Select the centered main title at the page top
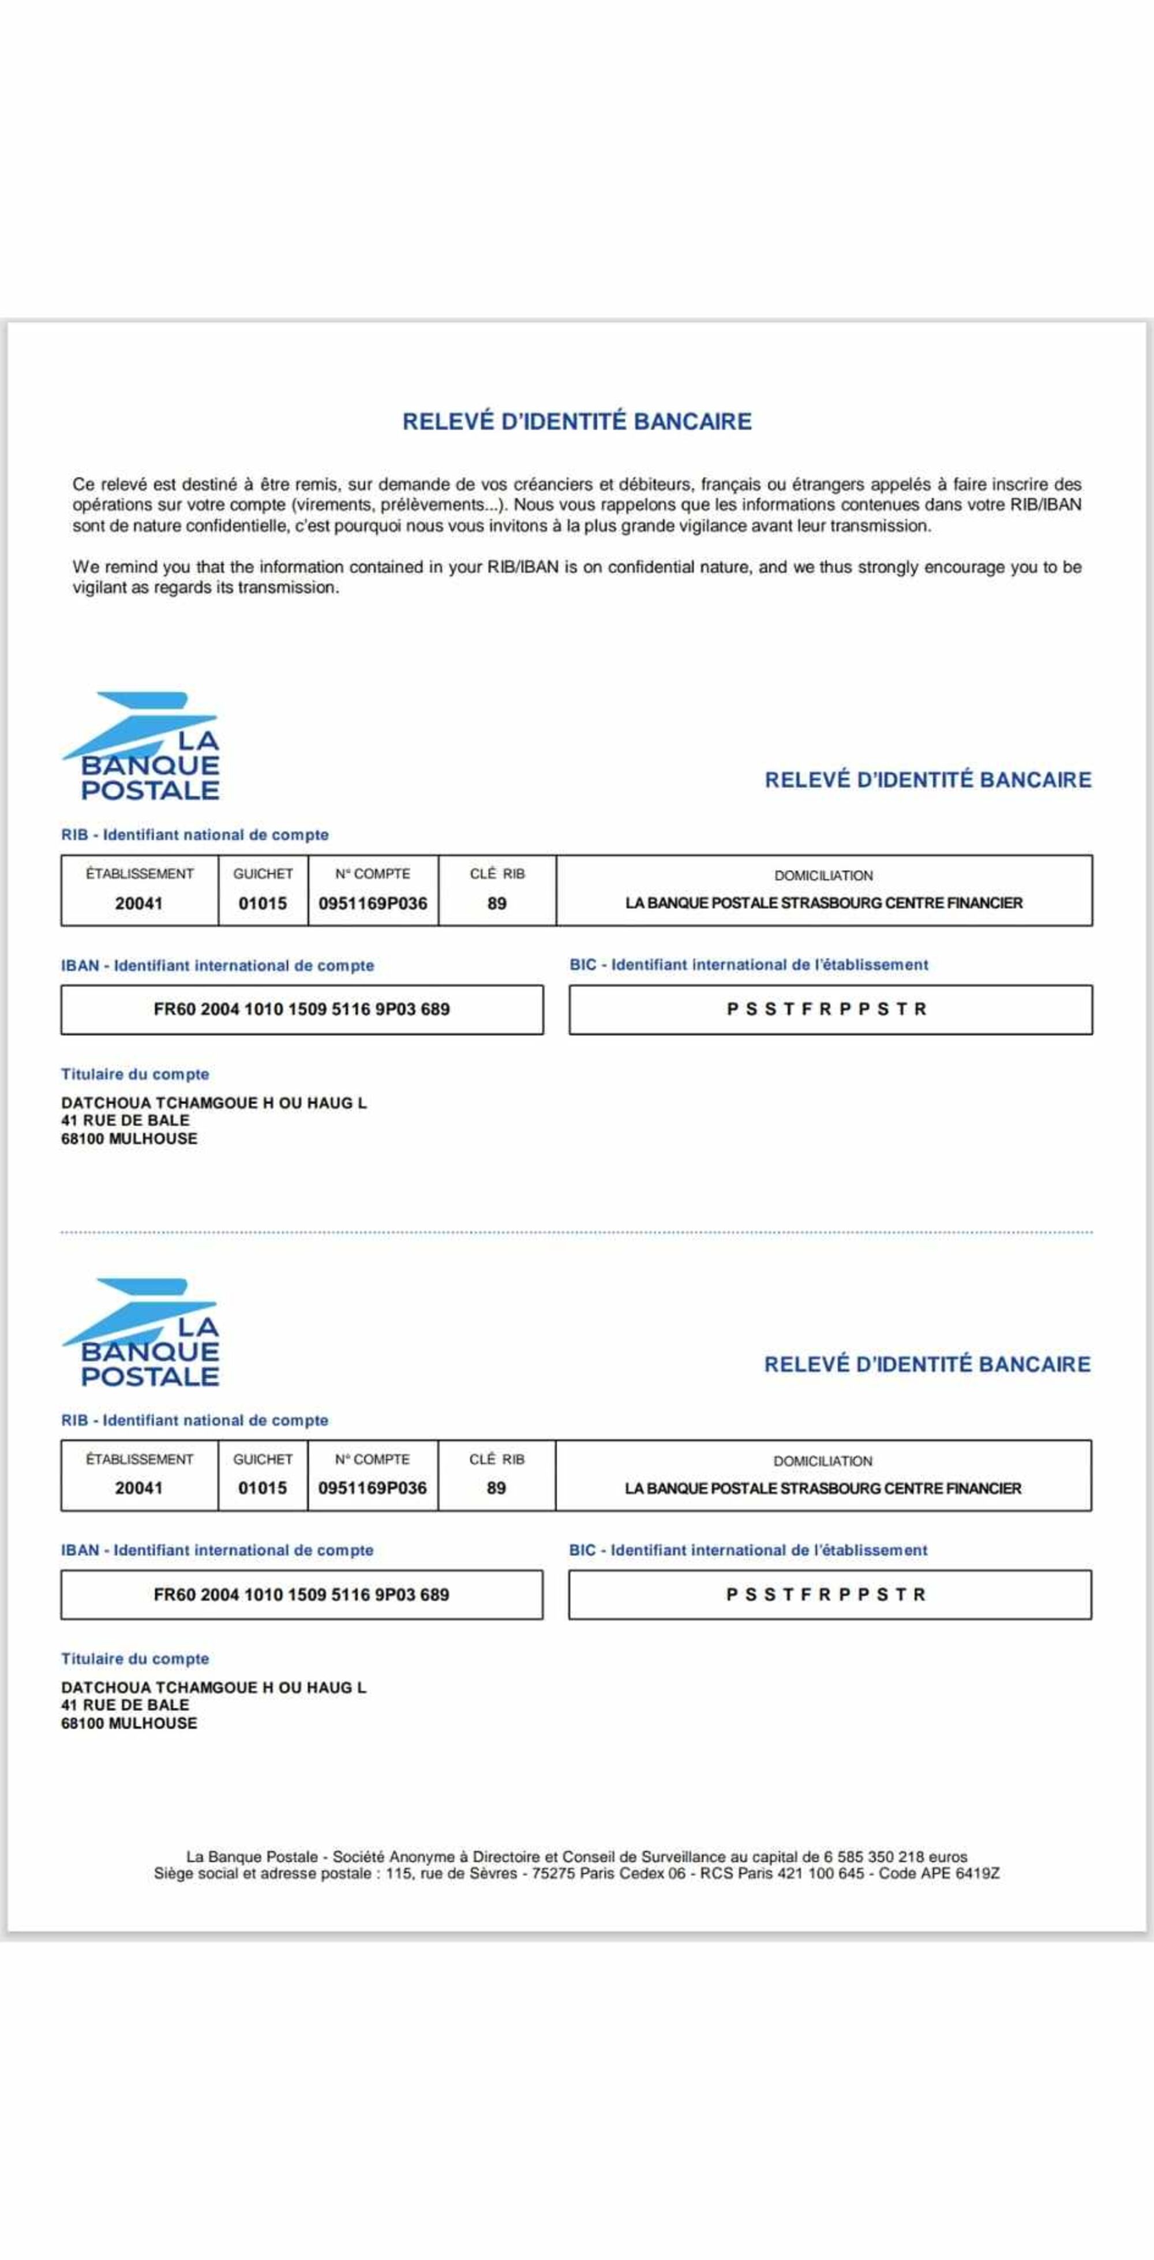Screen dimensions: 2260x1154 tap(576, 422)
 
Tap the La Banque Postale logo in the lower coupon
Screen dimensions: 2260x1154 tap(142, 1333)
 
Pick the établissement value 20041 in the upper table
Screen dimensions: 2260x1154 tap(138, 904)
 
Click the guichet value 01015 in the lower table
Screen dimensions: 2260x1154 tap(263, 1488)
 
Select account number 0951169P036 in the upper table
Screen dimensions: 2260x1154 tap(373, 904)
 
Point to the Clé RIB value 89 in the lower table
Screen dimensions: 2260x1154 tap(497, 1488)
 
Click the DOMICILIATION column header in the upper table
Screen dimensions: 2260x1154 tap(823, 876)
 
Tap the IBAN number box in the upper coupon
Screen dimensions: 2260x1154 tap(302, 1010)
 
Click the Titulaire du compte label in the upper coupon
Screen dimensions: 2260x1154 tap(135, 1075)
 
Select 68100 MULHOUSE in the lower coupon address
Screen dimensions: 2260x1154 tap(129, 1724)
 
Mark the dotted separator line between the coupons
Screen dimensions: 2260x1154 tap(576, 1232)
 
